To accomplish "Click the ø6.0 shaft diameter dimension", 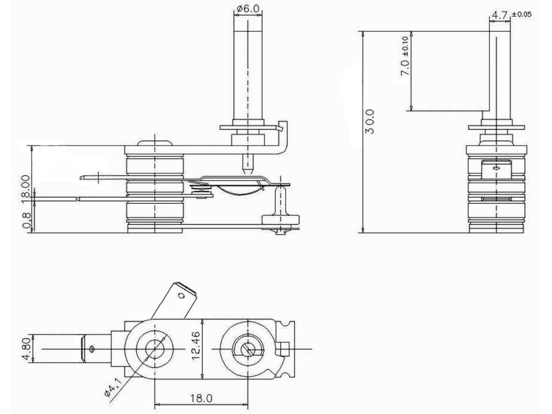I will coord(247,9).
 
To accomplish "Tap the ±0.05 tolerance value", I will coord(521,15).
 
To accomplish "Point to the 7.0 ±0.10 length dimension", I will coord(406,64).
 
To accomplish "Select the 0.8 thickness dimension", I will coord(25,221).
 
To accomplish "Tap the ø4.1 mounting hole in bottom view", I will coord(155,349).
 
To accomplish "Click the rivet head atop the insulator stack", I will coord(155,143).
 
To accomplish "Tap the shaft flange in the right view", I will coord(495,127).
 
